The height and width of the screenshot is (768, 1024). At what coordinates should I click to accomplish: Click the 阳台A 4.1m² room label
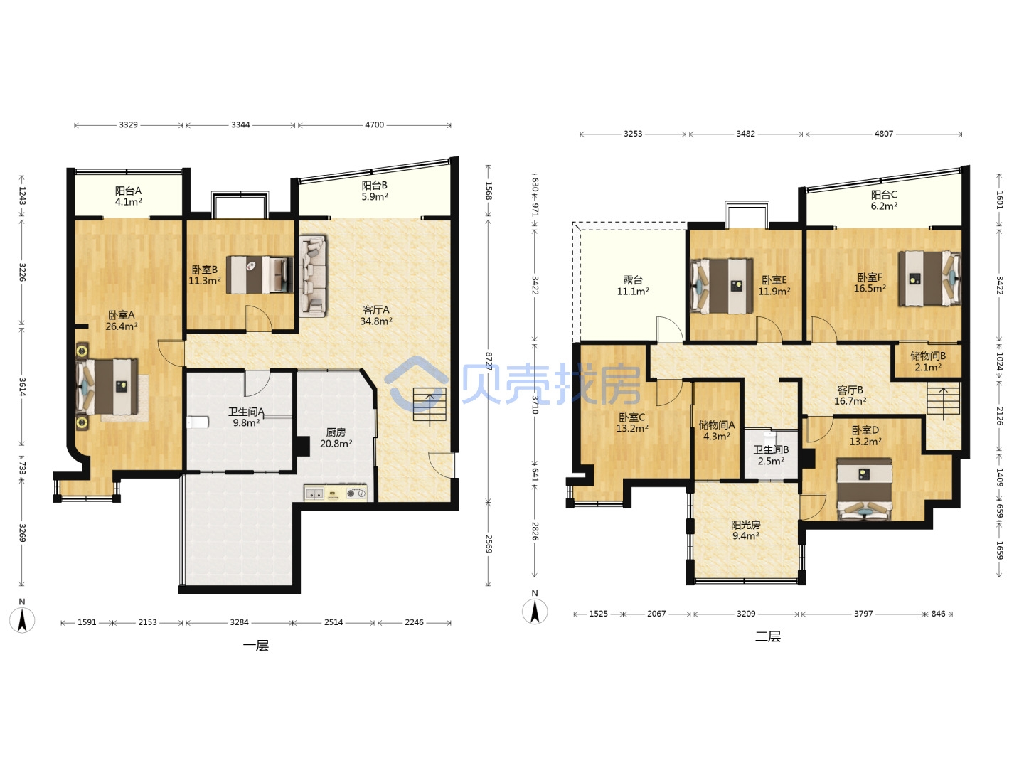(128, 196)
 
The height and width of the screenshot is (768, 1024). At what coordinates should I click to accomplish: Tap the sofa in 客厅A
(313, 276)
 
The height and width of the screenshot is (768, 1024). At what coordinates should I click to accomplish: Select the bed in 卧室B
(260, 274)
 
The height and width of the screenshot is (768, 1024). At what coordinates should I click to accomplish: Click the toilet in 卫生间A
(198, 422)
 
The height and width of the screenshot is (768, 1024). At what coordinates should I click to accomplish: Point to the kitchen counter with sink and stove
(336, 493)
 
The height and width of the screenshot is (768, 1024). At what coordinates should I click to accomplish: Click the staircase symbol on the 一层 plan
(430, 405)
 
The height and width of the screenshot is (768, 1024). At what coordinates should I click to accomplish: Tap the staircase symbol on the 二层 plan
(944, 400)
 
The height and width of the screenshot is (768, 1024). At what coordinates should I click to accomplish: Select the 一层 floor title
(256, 646)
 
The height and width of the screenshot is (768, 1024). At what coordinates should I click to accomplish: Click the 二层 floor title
(767, 636)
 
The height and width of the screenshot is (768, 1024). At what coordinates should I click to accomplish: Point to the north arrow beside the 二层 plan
(535, 611)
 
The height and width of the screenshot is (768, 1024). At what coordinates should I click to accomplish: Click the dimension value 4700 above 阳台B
(374, 125)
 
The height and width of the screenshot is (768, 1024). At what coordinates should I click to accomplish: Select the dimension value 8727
(489, 361)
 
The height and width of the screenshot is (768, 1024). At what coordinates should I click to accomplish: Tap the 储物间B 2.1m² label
(928, 361)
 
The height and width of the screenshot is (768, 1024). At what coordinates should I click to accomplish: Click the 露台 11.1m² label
(633, 285)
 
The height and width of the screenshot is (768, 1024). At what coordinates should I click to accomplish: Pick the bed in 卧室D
(864, 489)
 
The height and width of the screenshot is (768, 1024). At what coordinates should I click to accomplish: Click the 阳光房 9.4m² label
(745, 530)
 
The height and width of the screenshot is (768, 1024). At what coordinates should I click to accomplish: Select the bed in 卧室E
(722, 286)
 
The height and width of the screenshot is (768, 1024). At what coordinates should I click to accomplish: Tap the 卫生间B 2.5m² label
(771, 456)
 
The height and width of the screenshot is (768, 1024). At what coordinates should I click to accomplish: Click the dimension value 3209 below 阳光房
(746, 614)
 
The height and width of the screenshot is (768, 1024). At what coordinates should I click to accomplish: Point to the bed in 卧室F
(929, 278)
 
